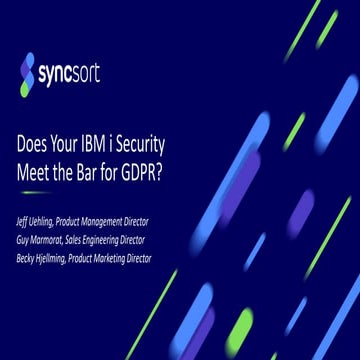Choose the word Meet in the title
coord(39,167)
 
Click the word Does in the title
coord(38,143)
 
